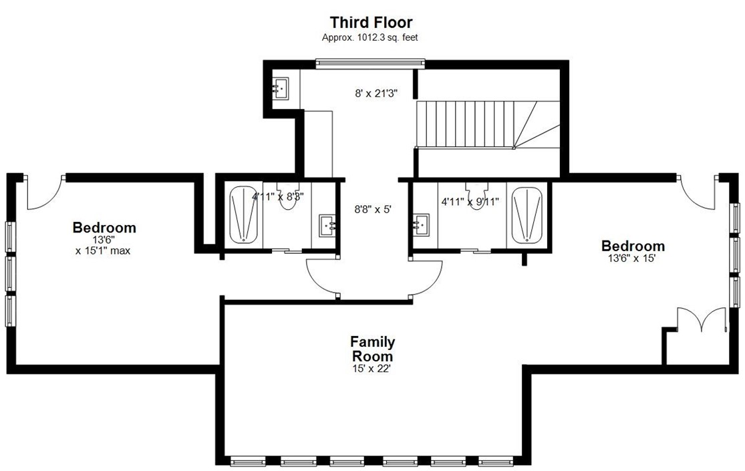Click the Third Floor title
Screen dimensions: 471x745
pyautogui.click(x=371, y=23)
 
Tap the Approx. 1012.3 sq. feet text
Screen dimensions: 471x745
pyautogui.click(x=370, y=38)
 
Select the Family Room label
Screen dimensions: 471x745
pyautogui.click(x=372, y=349)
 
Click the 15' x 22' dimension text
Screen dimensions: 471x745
pyautogui.click(x=372, y=367)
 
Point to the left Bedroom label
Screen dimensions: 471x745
pyautogui.click(x=104, y=228)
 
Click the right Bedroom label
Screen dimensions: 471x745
pyautogui.click(x=633, y=246)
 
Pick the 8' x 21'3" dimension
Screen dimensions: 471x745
pyautogui.click(x=376, y=94)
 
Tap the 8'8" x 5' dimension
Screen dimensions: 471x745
pyautogui.click(x=372, y=209)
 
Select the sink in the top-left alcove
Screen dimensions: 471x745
pyautogui.click(x=280, y=88)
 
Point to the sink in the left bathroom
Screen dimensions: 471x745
pyautogui.click(x=327, y=224)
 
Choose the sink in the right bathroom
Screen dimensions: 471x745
pyautogui.click(x=421, y=224)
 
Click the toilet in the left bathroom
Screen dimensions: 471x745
pyautogui.click(x=288, y=198)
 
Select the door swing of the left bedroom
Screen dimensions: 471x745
pyautogui.click(x=43, y=192)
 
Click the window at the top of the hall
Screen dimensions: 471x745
pyautogui.click(x=370, y=63)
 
